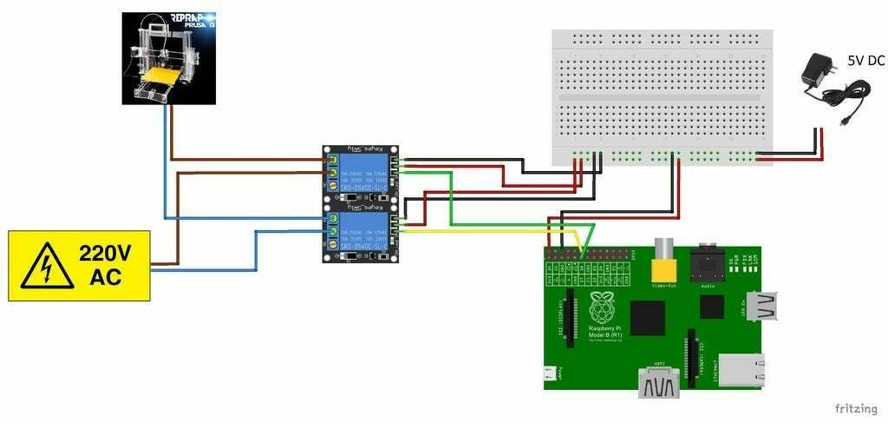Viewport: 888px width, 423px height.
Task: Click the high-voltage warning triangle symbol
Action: [x=43, y=266]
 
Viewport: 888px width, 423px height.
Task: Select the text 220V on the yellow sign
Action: [x=105, y=254]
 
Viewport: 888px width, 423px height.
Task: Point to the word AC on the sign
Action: [x=105, y=279]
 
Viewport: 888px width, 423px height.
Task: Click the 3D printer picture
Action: [x=168, y=58]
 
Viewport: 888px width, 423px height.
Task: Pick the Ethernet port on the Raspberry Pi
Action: [x=745, y=370]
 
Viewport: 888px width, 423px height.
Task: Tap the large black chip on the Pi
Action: [x=648, y=318]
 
